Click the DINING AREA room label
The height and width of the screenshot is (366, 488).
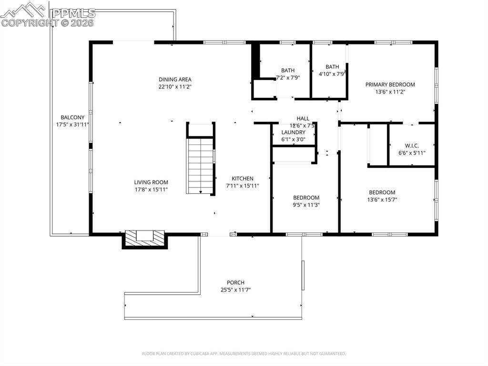tap(175, 79)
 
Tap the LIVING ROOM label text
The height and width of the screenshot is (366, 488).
tap(151, 182)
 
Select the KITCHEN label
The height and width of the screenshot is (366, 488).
tap(243, 178)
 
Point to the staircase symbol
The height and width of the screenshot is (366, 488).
tap(200, 165)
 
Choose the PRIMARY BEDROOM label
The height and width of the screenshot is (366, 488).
tap(390, 84)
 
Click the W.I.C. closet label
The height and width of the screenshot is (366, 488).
tap(412, 146)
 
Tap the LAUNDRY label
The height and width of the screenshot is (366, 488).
tap(293, 132)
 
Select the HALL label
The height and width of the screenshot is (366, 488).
tap(303, 118)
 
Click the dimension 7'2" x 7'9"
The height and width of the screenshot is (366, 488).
tap(288, 77)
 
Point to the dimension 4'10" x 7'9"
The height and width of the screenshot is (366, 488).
tap(332, 74)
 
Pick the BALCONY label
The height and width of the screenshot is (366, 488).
tap(72, 117)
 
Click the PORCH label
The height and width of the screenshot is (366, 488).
tap(235, 282)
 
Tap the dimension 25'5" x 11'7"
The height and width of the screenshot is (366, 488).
tap(235, 290)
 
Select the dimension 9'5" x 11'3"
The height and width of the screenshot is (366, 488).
tap(306, 205)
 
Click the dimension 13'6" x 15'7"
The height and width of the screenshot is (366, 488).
tap(382, 200)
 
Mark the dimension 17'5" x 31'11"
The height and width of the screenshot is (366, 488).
tap(72, 125)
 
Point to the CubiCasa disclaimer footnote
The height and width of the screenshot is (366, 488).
tap(244, 354)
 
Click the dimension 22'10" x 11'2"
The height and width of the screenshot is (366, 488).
tap(175, 87)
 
